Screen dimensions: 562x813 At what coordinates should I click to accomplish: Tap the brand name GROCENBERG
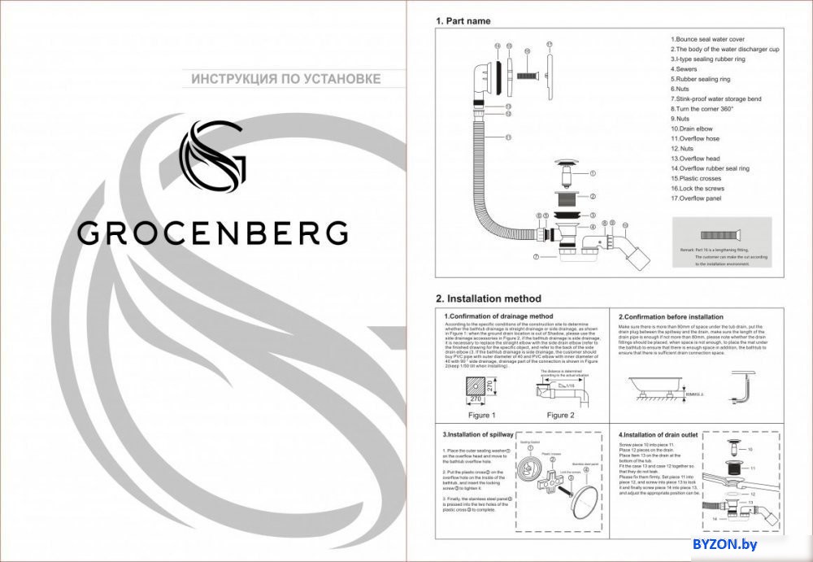pos(213,233)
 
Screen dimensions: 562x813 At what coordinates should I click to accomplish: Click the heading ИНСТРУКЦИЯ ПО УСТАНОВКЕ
pos(286,79)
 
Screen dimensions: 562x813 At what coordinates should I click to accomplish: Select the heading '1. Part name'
pos(463,21)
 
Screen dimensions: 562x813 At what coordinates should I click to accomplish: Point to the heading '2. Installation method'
pos(488,298)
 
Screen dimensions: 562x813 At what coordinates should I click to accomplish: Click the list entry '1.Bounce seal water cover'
pos(707,39)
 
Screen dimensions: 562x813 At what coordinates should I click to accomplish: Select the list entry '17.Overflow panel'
pos(697,198)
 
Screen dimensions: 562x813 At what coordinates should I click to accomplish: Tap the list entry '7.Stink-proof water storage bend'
pos(715,98)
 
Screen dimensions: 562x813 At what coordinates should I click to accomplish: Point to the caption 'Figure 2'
pos(559,415)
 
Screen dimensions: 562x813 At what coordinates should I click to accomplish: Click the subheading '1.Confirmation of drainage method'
pos(498,316)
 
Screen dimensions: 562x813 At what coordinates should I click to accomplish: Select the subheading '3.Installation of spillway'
pos(478,435)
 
